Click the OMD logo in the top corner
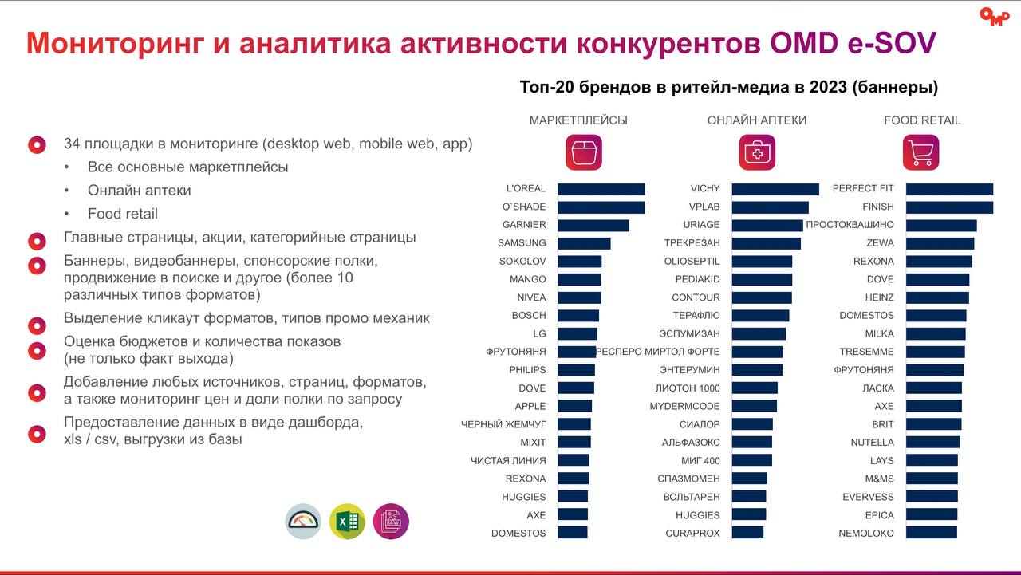pyautogui.click(x=994, y=17)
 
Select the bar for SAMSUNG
pyautogui.click(x=584, y=243)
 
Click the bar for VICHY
pyautogui.click(x=775, y=189)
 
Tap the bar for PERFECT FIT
pyautogui.click(x=949, y=189)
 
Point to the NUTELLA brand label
pyautogui.click(x=872, y=443)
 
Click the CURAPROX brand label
pyautogui.click(x=692, y=534)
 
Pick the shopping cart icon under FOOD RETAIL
pyautogui.click(x=920, y=152)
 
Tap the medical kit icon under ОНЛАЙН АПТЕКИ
pyautogui.click(x=756, y=152)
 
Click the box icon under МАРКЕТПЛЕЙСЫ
pyautogui.click(x=584, y=152)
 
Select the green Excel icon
pyautogui.click(x=347, y=522)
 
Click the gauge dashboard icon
pyautogui.click(x=303, y=522)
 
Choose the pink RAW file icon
pyautogui.click(x=391, y=522)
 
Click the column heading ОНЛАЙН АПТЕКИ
pyautogui.click(x=756, y=120)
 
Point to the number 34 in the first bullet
pyautogui.click(x=72, y=144)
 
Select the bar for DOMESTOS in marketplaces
pyautogui.click(x=572, y=534)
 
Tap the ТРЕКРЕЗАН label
pyautogui.click(x=692, y=243)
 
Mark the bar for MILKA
pyautogui.click(x=935, y=334)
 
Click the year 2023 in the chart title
pyautogui.click(x=828, y=87)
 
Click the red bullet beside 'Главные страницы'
pyautogui.click(x=37, y=241)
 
